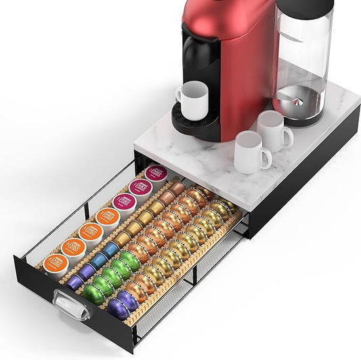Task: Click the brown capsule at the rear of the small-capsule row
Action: [177, 187]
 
